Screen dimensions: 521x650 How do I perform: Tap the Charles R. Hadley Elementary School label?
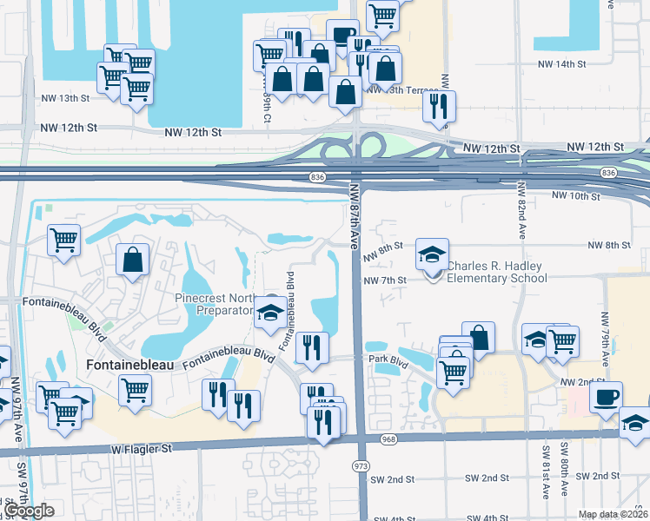[x=497, y=273]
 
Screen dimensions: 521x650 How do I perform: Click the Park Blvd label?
[x=388, y=359]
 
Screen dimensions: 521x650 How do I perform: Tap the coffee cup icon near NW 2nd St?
[x=606, y=397]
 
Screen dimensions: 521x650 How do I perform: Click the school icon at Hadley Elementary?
[x=432, y=254]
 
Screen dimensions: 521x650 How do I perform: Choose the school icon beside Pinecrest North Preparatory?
[x=270, y=313]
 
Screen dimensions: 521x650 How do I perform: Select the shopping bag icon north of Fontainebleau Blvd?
[x=132, y=260]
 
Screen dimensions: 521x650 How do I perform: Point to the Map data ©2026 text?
[x=614, y=514]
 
